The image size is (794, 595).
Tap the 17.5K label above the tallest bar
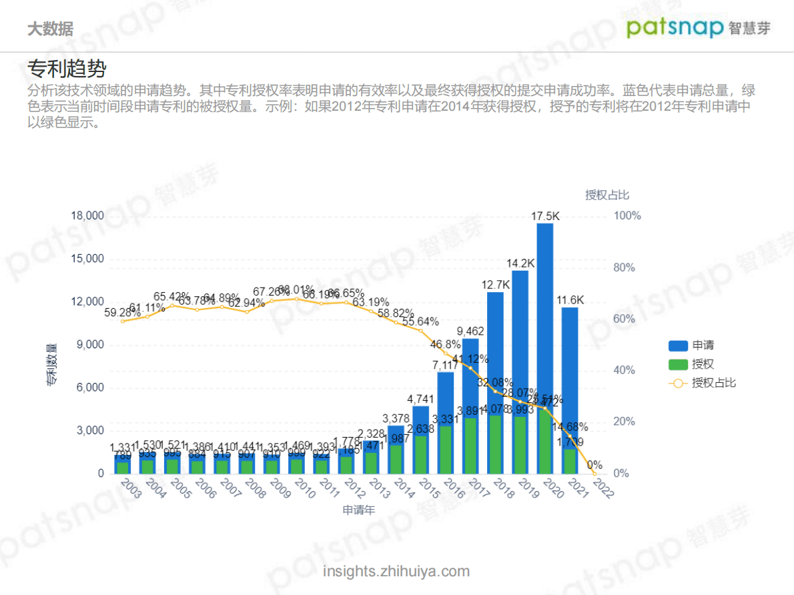(x=545, y=216)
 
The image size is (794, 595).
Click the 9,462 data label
(x=470, y=332)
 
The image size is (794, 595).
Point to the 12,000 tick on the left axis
(x=88, y=302)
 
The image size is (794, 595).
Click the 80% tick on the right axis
(x=627, y=267)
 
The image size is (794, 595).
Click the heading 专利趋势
(x=67, y=69)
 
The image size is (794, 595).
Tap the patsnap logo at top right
(x=698, y=27)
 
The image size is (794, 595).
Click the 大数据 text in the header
(x=50, y=29)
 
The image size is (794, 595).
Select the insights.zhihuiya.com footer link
(x=396, y=572)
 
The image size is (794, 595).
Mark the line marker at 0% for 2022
(x=594, y=474)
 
